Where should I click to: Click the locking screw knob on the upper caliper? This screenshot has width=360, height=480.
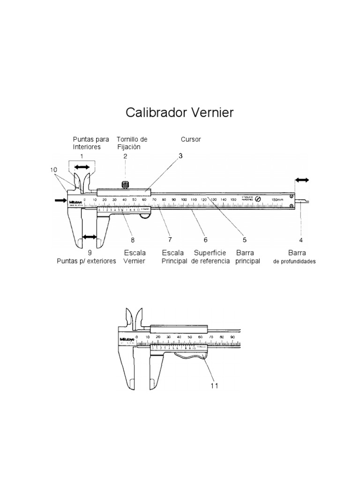pos(125,184)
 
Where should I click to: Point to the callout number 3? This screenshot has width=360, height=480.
pos(180,156)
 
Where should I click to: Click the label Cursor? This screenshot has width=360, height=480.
pos(191,140)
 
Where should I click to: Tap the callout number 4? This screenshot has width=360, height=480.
pos(301,240)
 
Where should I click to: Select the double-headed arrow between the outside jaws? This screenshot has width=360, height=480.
pos(89,237)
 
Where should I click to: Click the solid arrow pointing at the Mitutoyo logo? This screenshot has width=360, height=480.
pos(60,201)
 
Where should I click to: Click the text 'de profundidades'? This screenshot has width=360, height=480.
pos(294,262)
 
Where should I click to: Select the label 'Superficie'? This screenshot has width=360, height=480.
pos(210,252)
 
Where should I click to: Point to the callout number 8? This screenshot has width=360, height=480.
pos(133,240)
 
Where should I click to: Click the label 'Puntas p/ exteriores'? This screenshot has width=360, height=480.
pos(86,261)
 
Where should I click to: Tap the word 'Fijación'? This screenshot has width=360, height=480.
pos(129,147)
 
